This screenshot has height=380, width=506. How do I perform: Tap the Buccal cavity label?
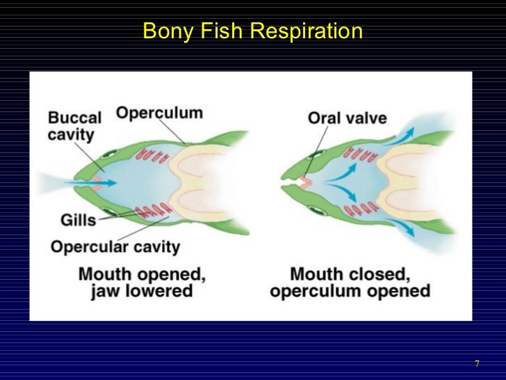click(74, 126)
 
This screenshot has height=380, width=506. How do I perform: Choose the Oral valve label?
click(347, 117)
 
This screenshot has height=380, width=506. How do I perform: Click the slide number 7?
click(477, 365)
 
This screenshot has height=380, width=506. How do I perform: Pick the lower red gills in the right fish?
click(361, 209)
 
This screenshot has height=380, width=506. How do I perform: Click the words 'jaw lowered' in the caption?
click(142, 291)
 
